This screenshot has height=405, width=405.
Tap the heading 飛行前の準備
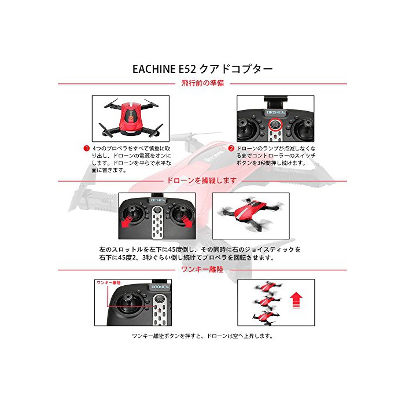pyautogui.click(x=203, y=83)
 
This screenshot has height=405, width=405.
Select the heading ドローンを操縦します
pyautogui.click(x=202, y=181)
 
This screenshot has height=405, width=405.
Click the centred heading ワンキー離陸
pyautogui.click(x=203, y=270)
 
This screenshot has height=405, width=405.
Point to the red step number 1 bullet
pyautogui.click(x=86, y=149)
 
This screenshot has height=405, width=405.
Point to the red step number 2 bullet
pyautogui.click(x=231, y=149)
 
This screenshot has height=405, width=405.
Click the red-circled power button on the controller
pyautogui.click(x=275, y=126)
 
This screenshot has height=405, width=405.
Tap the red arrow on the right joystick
pyautogui.click(x=186, y=222)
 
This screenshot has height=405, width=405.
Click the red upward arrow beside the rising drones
pyautogui.click(x=296, y=300)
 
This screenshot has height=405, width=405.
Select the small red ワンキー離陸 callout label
pyautogui.click(x=109, y=283)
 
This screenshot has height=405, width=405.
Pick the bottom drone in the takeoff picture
pyautogui.click(x=266, y=317)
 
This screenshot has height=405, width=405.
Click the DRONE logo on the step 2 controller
pyautogui.click(x=275, y=113)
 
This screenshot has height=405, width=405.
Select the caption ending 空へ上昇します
pyautogui.click(x=203, y=336)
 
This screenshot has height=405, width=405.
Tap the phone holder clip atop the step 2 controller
pyautogui.click(x=275, y=101)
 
